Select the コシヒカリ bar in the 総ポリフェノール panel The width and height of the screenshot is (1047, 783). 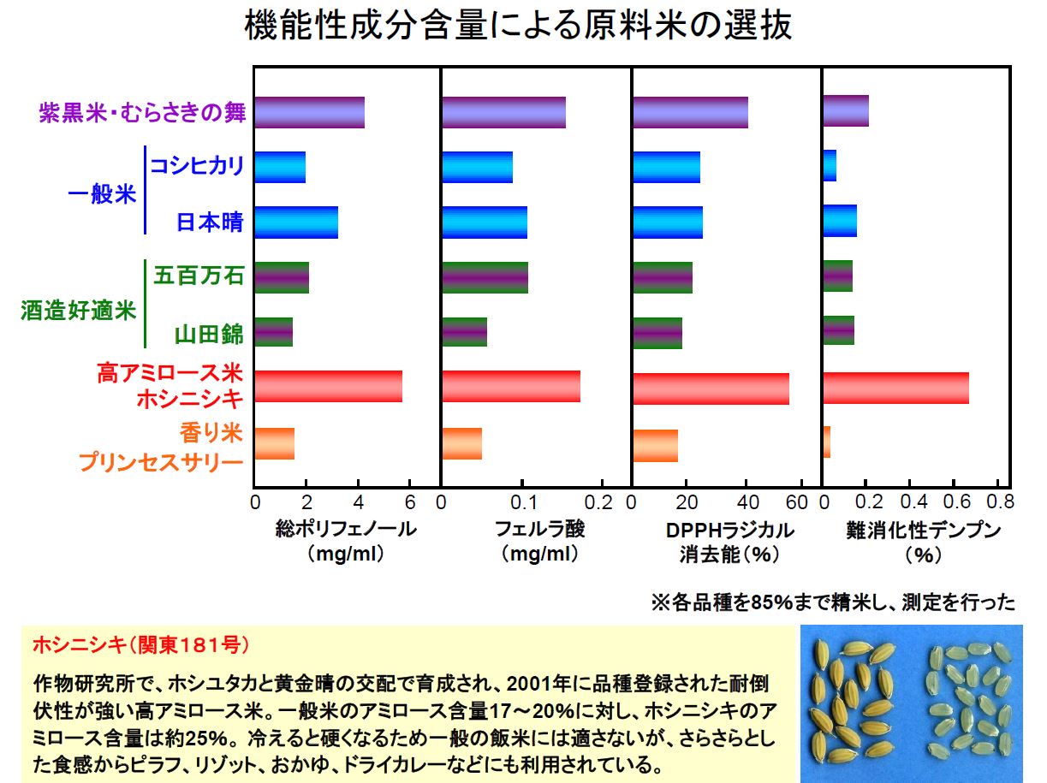click(x=280, y=167)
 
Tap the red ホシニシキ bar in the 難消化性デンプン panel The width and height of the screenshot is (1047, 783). click(x=896, y=388)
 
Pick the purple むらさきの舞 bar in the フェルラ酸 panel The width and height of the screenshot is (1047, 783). click(x=504, y=112)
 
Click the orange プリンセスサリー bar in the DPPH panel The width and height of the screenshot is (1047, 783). click(x=656, y=446)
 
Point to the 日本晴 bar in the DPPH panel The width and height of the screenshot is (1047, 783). click(x=668, y=222)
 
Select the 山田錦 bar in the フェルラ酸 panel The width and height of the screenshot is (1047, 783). click(x=465, y=332)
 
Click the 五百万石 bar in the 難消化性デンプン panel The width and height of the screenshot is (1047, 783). click(x=838, y=276)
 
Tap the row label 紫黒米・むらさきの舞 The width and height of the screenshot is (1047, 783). click(x=142, y=113)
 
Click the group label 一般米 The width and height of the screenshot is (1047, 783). click(x=102, y=194)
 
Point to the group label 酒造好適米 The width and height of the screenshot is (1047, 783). click(x=79, y=311)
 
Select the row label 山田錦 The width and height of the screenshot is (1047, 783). click(x=209, y=334)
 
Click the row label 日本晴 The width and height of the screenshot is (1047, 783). click(x=210, y=222)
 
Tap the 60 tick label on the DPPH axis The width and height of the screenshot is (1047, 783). click(x=796, y=502)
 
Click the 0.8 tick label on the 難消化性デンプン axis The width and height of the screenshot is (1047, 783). click(x=1000, y=501)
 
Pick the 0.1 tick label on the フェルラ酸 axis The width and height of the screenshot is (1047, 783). click(x=523, y=502)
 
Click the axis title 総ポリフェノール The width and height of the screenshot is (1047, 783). click(x=346, y=529)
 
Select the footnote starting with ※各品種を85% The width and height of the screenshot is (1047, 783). click(x=833, y=602)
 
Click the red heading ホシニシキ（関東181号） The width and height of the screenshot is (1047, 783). click(x=141, y=645)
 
